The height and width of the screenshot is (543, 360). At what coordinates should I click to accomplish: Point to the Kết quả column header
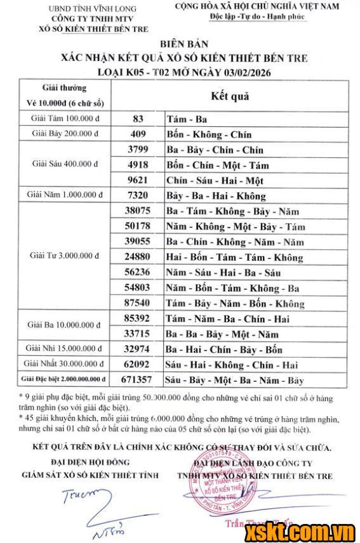point(230,97)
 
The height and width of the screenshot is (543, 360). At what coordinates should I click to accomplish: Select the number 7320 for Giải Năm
point(139,195)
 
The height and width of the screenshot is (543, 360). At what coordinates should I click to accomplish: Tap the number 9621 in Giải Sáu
point(139,180)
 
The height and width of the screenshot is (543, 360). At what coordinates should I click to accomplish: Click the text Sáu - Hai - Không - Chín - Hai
point(231,365)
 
